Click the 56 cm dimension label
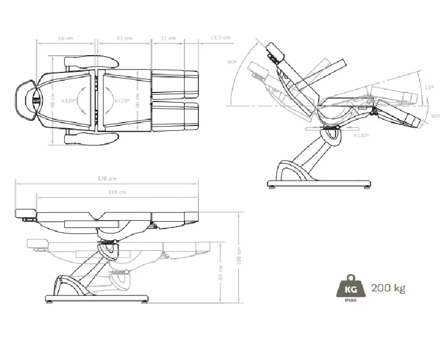(x=66, y=38)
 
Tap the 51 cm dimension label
(x=124, y=38)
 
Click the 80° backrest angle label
(x=232, y=62)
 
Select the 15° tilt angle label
(x=428, y=87)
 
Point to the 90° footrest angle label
(x=435, y=116)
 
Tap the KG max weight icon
(x=350, y=288)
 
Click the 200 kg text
(x=388, y=288)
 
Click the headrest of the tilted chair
(x=276, y=52)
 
